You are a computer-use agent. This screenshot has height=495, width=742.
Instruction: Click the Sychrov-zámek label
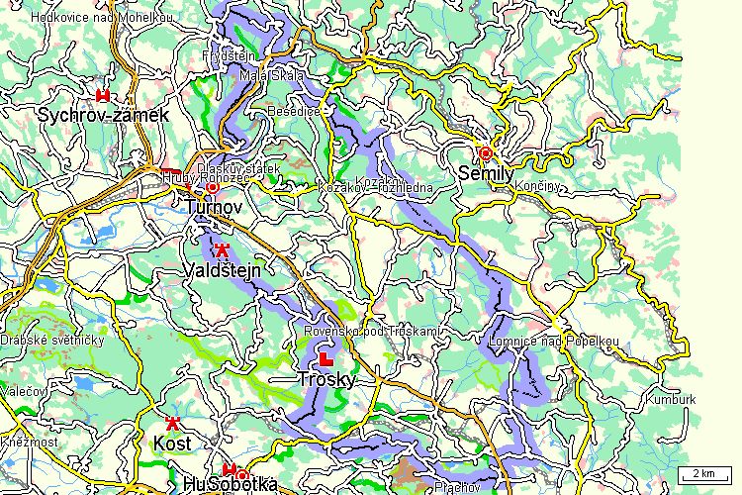pyautogui.click(x=104, y=115)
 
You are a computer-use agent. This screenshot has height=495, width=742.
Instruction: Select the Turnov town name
pyautogui.click(x=213, y=207)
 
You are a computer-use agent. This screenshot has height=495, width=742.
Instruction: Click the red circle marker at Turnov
pyautogui.click(x=212, y=187)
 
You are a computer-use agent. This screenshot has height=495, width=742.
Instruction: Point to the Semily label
pyautogui.click(x=487, y=173)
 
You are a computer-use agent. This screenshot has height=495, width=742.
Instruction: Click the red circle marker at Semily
pyautogui.click(x=485, y=153)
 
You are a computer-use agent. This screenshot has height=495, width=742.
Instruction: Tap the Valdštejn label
pyautogui.click(x=222, y=270)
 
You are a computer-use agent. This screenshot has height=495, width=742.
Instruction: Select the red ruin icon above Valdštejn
pyautogui.click(x=222, y=250)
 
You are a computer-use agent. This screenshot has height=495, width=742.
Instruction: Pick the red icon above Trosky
pyautogui.click(x=325, y=356)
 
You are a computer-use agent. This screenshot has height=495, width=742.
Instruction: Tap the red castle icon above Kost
pyautogui.click(x=172, y=422)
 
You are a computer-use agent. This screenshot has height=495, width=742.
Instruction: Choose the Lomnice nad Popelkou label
pyautogui.click(x=553, y=343)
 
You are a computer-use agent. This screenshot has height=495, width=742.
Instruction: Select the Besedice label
pyautogui.click(x=294, y=112)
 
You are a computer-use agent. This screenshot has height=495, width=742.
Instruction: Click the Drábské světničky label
pyautogui.click(x=52, y=341)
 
